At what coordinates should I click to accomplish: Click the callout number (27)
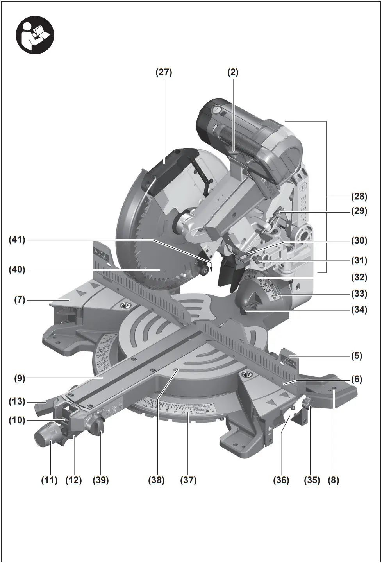[x=164, y=72]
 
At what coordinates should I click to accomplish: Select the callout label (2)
[x=233, y=72]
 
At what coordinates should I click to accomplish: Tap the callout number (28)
[x=359, y=196]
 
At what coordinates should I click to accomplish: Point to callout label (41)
[x=17, y=240]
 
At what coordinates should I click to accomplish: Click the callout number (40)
[x=17, y=270]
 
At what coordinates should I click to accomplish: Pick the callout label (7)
[x=20, y=300]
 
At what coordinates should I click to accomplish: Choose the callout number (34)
[x=359, y=310]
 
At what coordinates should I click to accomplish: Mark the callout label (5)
[x=356, y=356]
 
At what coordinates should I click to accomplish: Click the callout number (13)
[x=17, y=402]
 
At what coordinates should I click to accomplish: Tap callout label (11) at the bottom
[x=49, y=480]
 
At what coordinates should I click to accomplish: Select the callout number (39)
[x=100, y=480]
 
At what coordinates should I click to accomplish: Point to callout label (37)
[x=188, y=480]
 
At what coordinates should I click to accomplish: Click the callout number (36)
[x=281, y=480]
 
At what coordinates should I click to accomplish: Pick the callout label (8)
[x=333, y=480]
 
